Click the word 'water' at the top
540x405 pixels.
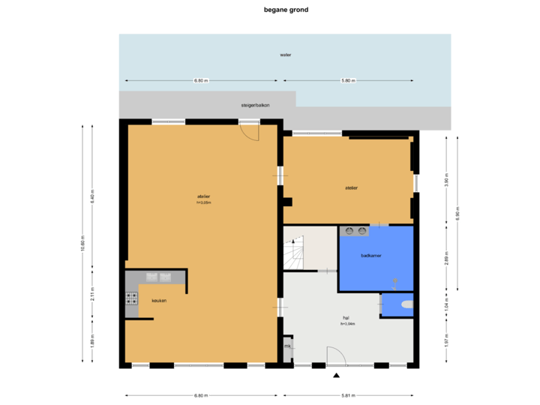(285, 55)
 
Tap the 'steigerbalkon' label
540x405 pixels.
(255, 106)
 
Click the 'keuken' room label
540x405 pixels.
(158, 301)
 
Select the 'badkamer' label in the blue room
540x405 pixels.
(371, 256)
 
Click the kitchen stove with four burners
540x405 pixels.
(132, 301)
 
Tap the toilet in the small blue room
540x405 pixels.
(406, 304)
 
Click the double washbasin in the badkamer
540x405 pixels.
(355, 231)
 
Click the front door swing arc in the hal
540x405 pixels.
(335, 356)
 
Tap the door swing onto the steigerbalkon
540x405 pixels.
(249, 131)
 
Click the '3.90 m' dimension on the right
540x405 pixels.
(446, 181)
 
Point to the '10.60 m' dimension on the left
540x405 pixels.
(82, 244)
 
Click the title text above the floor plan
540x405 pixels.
(286, 10)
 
